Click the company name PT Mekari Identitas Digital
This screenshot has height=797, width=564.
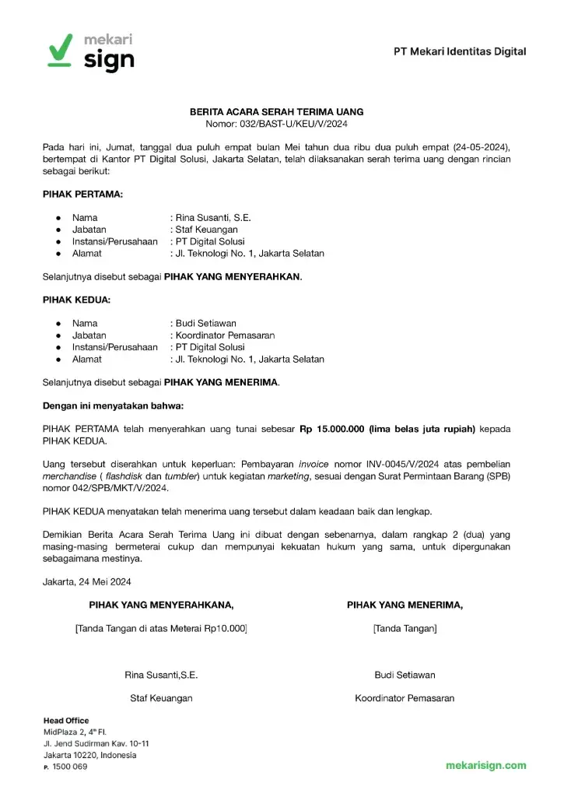click(x=459, y=51)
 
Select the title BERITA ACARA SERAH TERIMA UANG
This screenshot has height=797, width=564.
click(x=277, y=112)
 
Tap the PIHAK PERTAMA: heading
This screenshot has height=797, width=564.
click(x=82, y=194)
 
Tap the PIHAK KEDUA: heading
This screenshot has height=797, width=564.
click(x=76, y=300)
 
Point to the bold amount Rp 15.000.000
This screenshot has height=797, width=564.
click(x=334, y=429)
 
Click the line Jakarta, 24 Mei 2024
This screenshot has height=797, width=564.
click(x=86, y=581)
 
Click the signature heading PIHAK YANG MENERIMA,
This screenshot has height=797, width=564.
click(x=405, y=605)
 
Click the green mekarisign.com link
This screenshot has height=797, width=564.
click(x=485, y=765)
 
